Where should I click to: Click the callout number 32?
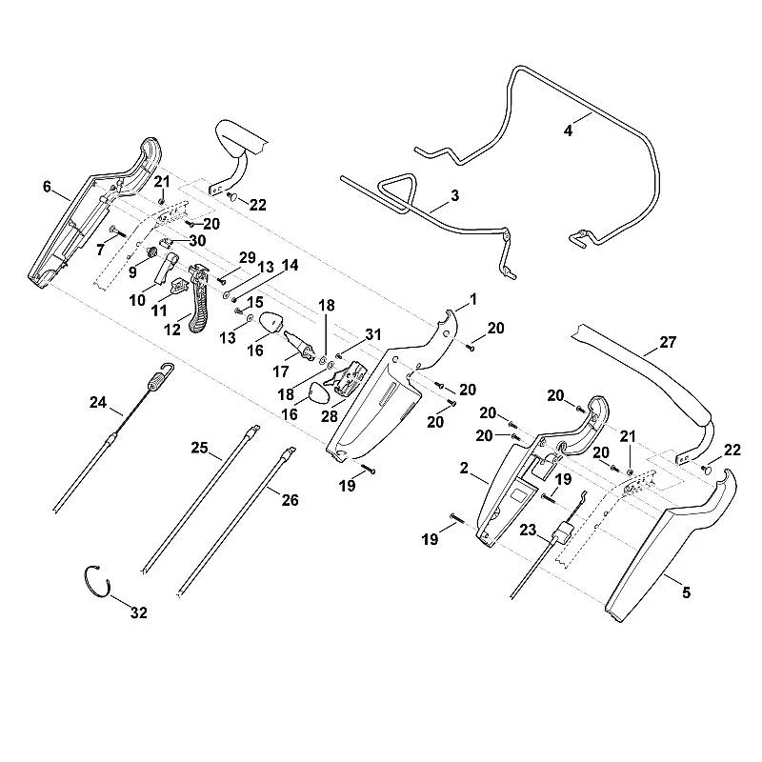139,612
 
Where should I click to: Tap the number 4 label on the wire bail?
568,130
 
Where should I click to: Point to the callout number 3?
454,196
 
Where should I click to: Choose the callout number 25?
199,448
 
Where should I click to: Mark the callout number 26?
291,499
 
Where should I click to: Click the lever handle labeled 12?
198,299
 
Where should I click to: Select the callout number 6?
47,187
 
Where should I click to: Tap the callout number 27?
668,342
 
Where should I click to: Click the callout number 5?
686,592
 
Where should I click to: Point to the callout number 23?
528,530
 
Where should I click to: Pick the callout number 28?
329,416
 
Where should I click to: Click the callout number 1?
473,299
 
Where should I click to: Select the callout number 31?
373,334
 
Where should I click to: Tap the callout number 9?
132,272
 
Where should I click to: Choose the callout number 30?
198,241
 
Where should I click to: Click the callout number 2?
464,468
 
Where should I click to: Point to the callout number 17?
280,371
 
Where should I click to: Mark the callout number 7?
100,250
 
